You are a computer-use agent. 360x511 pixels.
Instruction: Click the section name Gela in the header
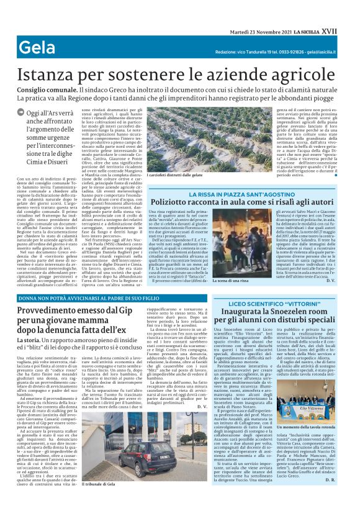[x=37, y=47]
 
